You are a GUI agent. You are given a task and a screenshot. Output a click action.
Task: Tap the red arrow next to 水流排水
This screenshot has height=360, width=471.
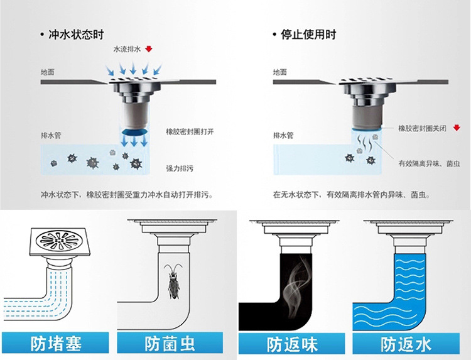(148, 49)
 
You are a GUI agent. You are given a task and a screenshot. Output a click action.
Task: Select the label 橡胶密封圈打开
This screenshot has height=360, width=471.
(190, 131)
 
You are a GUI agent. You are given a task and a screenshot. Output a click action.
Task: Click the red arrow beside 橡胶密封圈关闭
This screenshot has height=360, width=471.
(456, 128)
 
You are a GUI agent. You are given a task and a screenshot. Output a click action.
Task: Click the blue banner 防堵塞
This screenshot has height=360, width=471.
(56, 344)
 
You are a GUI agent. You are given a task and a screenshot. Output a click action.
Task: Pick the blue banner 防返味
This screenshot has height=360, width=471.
(292, 344)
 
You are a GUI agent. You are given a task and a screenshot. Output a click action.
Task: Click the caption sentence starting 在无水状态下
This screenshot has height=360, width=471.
(351, 195)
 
